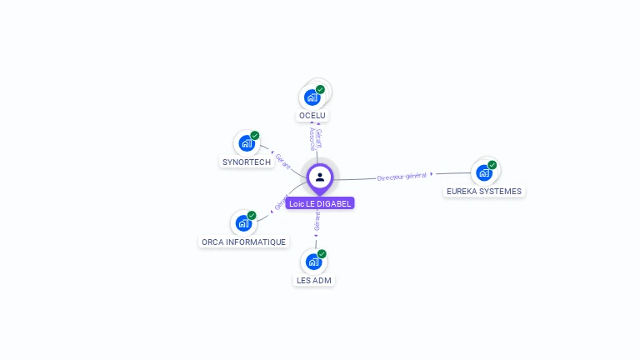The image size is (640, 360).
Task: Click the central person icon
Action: pyautogui.click(x=320, y=177)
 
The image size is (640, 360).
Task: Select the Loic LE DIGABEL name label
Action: pyautogui.click(x=320, y=203)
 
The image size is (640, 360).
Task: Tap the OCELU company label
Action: pyautogui.click(x=312, y=115)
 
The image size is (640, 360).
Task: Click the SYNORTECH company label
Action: pyautogui.click(x=247, y=162)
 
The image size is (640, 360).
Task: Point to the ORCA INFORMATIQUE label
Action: pyautogui.click(x=243, y=242)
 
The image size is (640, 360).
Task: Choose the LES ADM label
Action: pyautogui.click(x=314, y=280)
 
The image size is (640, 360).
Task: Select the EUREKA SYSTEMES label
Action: pyautogui.click(x=483, y=191)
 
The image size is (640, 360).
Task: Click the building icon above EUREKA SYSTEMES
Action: pyautogui.click(x=483, y=172)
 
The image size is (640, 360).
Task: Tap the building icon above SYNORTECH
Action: pyautogui.click(x=246, y=143)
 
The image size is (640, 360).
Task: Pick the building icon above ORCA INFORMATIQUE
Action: pyautogui.click(x=242, y=223)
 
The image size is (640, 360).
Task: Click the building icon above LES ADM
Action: pyautogui.click(x=313, y=262)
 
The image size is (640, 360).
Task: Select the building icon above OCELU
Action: pyautogui.click(x=312, y=97)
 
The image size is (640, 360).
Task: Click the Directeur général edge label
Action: pyautogui.click(x=402, y=176)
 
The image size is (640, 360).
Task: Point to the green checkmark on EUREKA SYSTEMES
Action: pyautogui.click(x=492, y=165)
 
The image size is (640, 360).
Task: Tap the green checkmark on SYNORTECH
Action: pyautogui.click(x=255, y=136)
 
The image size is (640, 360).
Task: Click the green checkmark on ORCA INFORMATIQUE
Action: pyautogui.click(x=252, y=216)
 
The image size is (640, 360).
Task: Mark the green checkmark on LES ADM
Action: pyautogui.click(x=322, y=254)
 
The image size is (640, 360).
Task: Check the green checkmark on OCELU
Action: pyautogui.click(x=320, y=89)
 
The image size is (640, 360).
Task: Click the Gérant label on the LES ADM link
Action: pyautogui.click(x=317, y=221)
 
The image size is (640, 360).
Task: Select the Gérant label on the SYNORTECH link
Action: pyautogui.click(x=282, y=160)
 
